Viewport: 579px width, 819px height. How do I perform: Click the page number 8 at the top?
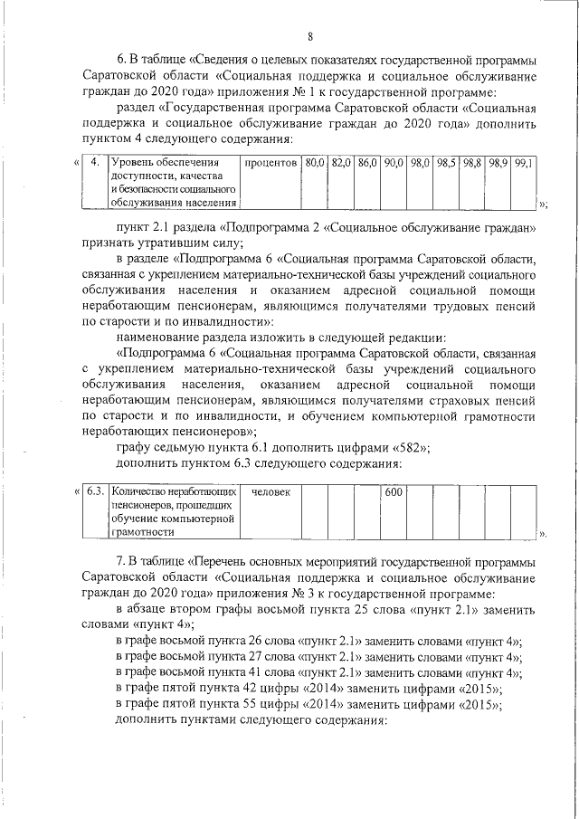(309, 37)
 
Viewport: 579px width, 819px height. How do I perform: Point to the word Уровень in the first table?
(132, 163)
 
